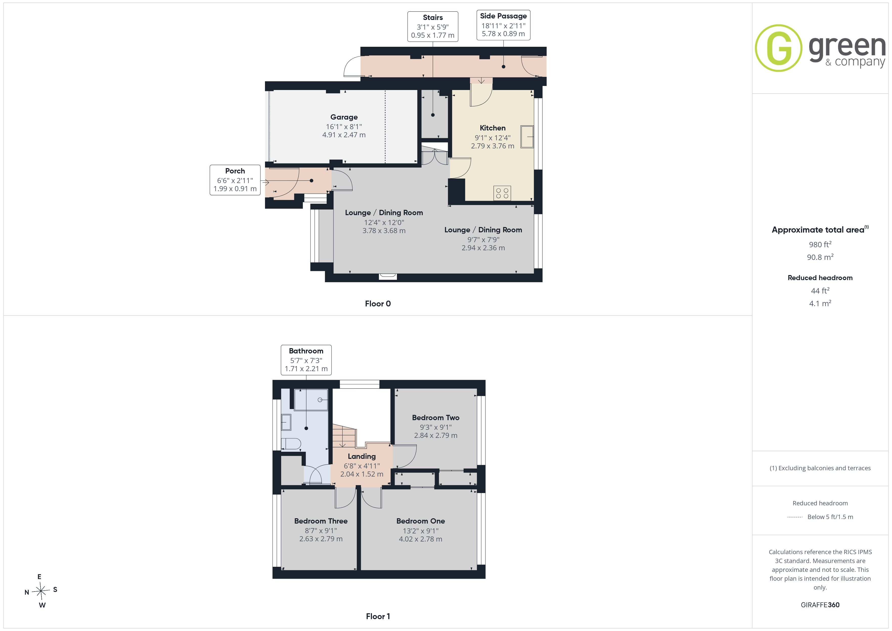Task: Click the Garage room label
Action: (x=344, y=117)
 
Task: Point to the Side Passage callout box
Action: (x=503, y=25)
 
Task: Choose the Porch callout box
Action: (x=235, y=180)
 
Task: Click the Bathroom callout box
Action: (x=306, y=360)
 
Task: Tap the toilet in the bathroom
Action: (x=291, y=444)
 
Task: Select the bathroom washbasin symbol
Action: (x=286, y=422)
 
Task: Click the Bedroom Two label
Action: (x=436, y=418)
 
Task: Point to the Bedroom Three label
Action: (x=321, y=521)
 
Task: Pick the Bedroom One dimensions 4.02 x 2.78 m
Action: (x=420, y=539)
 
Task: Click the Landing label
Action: (x=362, y=456)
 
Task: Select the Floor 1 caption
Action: (x=378, y=616)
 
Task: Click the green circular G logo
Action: (x=778, y=48)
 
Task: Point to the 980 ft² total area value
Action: (x=820, y=244)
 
